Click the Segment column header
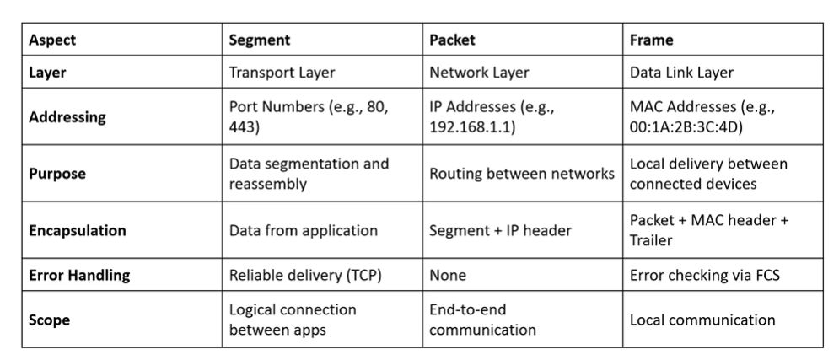click(x=260, y=40)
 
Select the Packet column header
click(x=452, y=40)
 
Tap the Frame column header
click(x=651, y=40)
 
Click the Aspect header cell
click(x=52, y=40)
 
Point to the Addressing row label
click(x=67, y=116)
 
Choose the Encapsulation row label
click(x=78, y=230)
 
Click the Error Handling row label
click(x=79, y=275)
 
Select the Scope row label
click(x=49, y=320)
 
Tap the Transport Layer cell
click(x=282, y=73)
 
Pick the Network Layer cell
click(x=479, y=73)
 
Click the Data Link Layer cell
click(x=681, y=73)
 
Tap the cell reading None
click(x=448, y=275)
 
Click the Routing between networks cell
click(x=522, y=174)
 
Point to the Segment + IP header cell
click(x=500, y=230)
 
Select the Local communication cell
click(x=702, y=320)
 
